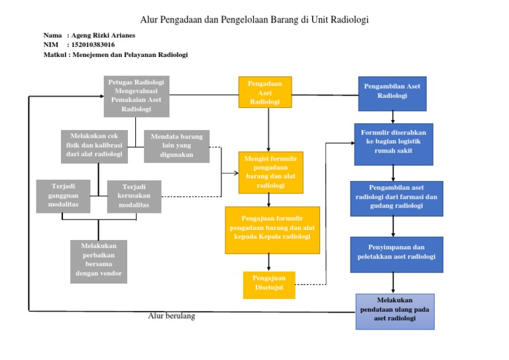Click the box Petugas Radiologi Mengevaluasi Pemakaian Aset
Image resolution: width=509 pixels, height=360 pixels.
click(136, 95)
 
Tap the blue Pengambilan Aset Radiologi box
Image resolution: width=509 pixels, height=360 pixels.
click(392, 93)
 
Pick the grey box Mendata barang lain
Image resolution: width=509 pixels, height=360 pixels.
click(176, 146)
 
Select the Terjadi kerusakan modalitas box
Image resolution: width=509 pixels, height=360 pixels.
click(134, 196)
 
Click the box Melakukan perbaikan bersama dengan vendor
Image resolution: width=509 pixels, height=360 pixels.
click(98, 261)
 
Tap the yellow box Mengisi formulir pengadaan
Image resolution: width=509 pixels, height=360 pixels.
click(270, 172)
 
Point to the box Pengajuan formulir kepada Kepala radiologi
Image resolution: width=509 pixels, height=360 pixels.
click(272, 229)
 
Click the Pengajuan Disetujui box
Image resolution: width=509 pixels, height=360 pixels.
click(268, 284)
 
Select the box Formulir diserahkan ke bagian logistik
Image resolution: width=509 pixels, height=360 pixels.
click(393, 144)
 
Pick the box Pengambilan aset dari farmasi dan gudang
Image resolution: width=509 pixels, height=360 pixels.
click(396, 198)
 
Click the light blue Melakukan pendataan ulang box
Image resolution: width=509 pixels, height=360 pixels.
click(395, 310)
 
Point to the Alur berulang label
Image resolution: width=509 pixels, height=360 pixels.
click(171, 316)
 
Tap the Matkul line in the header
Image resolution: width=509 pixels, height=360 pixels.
click(115, 55)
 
